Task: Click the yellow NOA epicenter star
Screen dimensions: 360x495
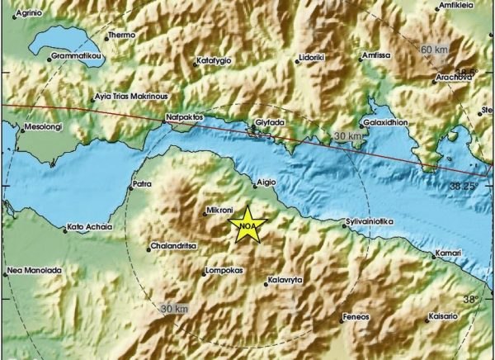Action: click(x=247, y=228)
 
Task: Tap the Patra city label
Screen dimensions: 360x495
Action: click(x=142, y=185)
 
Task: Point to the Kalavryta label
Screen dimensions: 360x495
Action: click(x=285, y=281)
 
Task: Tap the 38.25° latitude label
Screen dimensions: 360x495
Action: click(x=463, y=187)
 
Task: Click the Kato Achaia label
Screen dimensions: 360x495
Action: click(x=87, y=225)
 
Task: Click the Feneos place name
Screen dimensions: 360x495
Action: click(x=356, y=317)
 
